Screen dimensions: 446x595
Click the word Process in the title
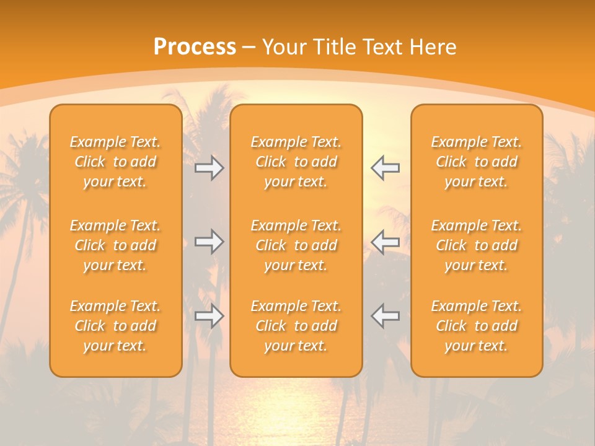195,47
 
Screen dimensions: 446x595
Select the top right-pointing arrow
209,168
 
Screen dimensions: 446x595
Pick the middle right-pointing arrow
209,242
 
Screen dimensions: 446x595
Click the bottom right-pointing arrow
209,316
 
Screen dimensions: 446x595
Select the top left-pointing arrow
385,168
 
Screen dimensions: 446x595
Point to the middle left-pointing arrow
385,242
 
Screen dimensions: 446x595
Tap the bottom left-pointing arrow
385,316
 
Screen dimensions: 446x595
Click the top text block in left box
115,162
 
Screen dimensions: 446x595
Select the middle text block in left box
115,245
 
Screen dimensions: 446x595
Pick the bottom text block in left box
115,326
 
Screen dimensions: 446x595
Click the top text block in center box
296,162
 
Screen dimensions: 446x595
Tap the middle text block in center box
296,245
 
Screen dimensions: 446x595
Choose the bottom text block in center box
296,326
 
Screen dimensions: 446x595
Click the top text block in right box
477,162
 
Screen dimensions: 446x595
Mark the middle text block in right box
477,245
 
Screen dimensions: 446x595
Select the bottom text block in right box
477,326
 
